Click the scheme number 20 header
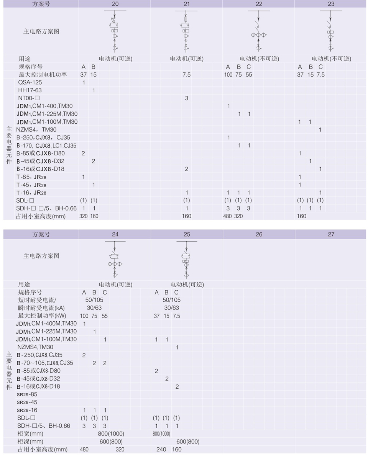coord(115,4)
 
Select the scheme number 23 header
coord(331,4)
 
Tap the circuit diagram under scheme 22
coord(259,31)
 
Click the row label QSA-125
coord(30,82)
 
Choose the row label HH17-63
coord(30,90)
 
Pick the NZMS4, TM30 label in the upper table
coord(36,130)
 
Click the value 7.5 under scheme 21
coord(186,75)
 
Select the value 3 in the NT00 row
coord(186,98)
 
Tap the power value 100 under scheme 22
coord(228,75)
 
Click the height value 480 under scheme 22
coord(227,216)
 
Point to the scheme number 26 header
coord(259,234)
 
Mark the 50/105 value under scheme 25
coord(172,300)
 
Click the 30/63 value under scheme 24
coord(94,308)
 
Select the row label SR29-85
coord(27,394)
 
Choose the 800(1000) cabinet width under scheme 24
coord(111,434)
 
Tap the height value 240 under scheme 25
coord(161,450)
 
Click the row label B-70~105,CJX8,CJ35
coord(45,363)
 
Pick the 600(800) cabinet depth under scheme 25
coord(188,442)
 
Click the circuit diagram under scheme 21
coord(186,31)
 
